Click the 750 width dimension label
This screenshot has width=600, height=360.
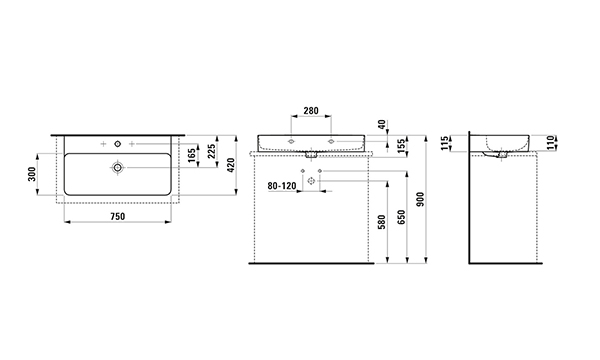click(x=117, y=217)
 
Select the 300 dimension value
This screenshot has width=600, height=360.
click(x=32, y=174)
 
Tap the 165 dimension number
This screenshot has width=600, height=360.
click(x=192, y=155)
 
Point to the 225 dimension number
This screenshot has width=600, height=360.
click(x=212, y=151)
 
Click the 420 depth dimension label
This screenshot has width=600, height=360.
click(x=231, y=165)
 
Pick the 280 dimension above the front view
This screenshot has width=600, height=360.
click(x=311, y=111)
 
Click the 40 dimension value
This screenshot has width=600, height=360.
click(x=382, y=125)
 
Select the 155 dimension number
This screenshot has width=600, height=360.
click(x=401, y=146)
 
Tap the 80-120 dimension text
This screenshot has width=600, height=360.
click(x=282, y=186)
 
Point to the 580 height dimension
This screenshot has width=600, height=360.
click(x=382, y=222)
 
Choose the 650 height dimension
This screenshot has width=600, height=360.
click(x=401, y=217)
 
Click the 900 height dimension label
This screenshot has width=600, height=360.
click(x=421, y=199)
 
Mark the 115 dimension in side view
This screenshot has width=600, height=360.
click(x=444, y=143)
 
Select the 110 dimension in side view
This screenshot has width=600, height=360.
click(x=550, y=142)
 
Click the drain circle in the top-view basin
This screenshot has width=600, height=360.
click(x=117, y=168)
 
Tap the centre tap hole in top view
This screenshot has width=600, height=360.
click(x=117, y=144)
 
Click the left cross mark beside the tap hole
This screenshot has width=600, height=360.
click(x=103, y=144)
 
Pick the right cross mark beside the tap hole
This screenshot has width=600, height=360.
click(x=132, y=144)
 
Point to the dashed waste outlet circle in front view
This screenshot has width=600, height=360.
click(x=311, y=181)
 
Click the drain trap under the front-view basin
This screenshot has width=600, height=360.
click(x=311, y=155)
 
